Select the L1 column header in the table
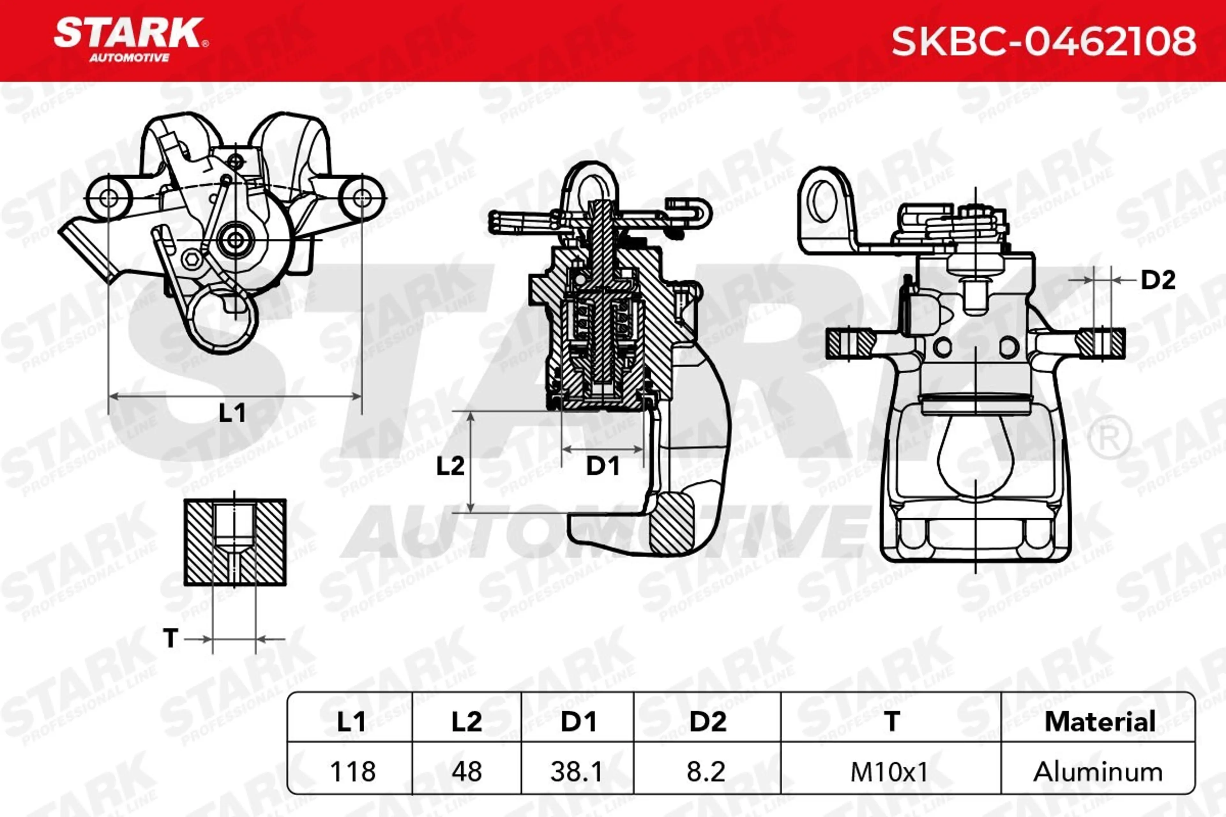click(351, 722)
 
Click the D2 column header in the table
click(708, 722)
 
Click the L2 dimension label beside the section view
click(450, 466)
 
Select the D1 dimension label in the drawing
click(602, 466)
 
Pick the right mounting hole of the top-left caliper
click(362, 198)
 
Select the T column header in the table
click(892, 722)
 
